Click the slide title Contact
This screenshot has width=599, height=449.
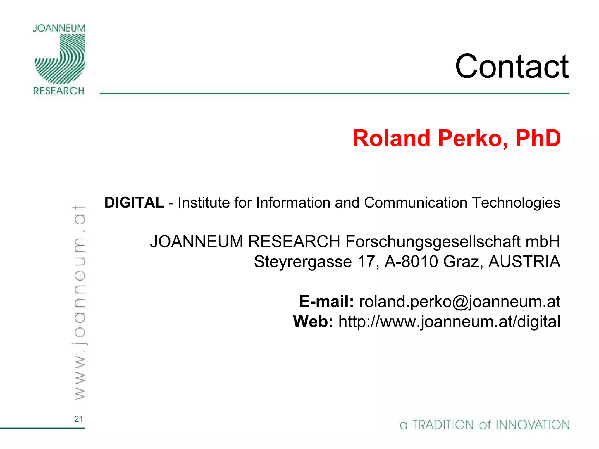pyautogui.click(x=512, y=67)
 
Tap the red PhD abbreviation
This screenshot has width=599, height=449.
pyautogui.click(x=538, y=138)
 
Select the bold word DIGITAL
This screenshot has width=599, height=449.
pyautogui.click(x=134, y=203)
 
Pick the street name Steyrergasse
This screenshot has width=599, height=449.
pyautogui.click(x=303, y=262)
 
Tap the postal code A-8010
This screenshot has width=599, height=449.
pyautogui.click(x=411, y=262)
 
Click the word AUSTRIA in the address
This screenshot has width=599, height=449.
pyautogui.click(x=524, y=262)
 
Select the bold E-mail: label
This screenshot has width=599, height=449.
pyautogui.click(x=326, y=302)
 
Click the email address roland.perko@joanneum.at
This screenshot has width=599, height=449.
pyautogui.click(x=459, y=302)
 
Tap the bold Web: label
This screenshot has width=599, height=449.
pyautogui.click(x=313, y=322)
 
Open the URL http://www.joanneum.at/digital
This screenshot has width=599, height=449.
pyautogui.click(x=449, y=322)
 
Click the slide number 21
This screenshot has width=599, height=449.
pyautogui.click(x=79, y=419)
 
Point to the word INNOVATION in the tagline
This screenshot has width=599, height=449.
pyautogui.click(x=533, y=425)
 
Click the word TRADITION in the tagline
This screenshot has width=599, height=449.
pyautogui.click(x=443, y=425)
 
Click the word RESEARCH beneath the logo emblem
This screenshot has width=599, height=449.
pyautogui.click(x=59, y=91)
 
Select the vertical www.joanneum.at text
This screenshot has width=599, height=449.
pyautogui.click(x=79, y=303)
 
